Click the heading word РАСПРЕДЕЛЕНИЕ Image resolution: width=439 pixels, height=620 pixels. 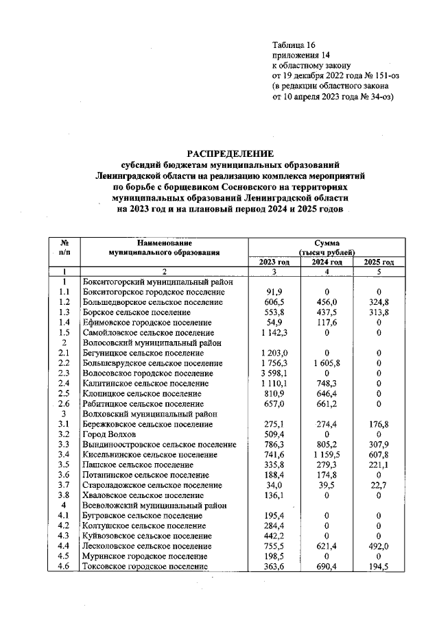tap(230, 153)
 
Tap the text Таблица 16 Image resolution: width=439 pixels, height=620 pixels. tap(295, 44)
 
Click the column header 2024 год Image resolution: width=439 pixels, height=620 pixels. tap(327, 262)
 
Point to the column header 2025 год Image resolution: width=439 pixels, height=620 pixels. tap(379, 262)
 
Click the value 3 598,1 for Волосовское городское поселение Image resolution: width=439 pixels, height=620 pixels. tap(274, 373)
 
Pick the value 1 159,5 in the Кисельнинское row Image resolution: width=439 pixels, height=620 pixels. tap(327, 454)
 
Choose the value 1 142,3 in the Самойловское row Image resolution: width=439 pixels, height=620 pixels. tap(274, 333)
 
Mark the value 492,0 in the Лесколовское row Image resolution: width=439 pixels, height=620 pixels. tap(379, 545)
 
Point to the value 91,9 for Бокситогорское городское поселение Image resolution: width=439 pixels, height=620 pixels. tap(274, 292)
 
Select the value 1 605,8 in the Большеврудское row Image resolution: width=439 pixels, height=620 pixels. tap(327, 363)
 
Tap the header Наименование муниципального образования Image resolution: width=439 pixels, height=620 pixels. tap(164, 248)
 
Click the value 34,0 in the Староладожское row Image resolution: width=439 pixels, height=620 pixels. tap(274, 484)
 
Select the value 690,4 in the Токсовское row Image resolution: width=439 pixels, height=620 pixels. tap(327, 566)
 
